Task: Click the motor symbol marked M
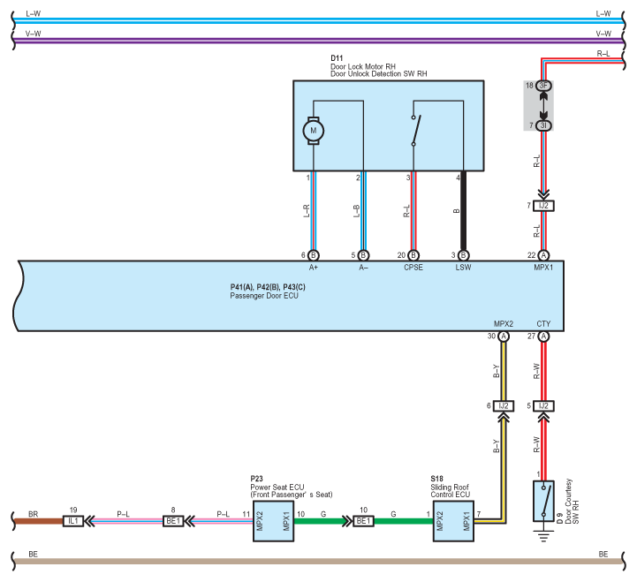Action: tap(314, 131)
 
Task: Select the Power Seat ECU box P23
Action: tap(273, 521)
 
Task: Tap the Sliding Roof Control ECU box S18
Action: tap(453, 521)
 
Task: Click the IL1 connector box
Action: tap(73, 521)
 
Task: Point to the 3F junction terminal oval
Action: tap(543, 86)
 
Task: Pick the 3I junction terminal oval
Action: tap(543, 125)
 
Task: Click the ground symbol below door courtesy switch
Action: tap(543, 536)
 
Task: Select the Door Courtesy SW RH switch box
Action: tap(543, 501)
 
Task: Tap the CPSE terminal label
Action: tap(413, 268)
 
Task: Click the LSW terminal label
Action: tap(463, 268)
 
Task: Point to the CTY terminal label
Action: tap(543, 324)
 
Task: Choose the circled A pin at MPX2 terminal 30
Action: tap(504, 336)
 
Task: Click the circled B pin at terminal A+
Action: tap(314, 255)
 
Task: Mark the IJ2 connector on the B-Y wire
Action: tap(504, 406)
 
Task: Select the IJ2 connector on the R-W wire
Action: tap(543, 406)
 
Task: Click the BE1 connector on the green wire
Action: tap(364, 521)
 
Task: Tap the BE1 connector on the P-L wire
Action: tap(173, 521)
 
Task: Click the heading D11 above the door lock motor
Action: tap(337, 58)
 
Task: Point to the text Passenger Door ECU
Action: tap(264, 296)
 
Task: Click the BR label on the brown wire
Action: tap(34, 514)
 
